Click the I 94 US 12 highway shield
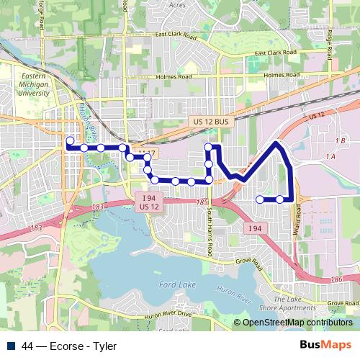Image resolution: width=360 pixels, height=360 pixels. point(149,202)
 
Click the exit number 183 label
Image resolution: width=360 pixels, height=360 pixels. point(98,207)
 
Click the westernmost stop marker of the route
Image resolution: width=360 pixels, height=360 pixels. point(70,141)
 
